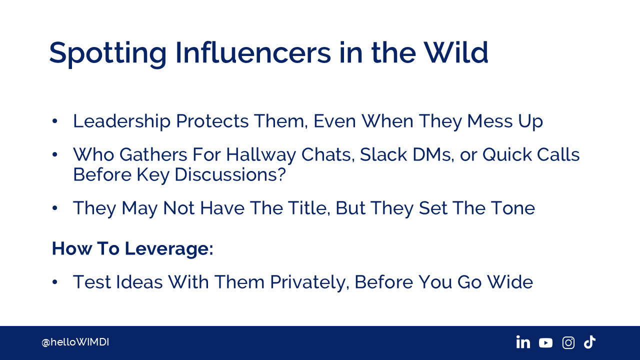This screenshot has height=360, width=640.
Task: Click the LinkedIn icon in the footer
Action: point(523,342)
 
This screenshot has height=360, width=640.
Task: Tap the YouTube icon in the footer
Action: point(545,342)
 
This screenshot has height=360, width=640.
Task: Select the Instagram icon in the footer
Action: point(568,342)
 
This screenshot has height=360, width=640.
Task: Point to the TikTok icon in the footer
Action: point(589,342)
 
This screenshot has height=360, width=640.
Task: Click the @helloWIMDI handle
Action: point(75,342)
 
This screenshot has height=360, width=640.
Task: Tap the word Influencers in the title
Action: point(253,52)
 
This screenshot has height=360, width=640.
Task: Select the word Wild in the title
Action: point(455,52)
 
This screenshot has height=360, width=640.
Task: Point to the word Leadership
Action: point(122,121)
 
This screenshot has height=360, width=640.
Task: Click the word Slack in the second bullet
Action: point(383,155)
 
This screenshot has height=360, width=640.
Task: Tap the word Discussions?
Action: point(230,174)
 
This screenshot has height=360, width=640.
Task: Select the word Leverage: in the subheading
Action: point(169,249)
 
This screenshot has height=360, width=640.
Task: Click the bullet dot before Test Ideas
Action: point(55,282)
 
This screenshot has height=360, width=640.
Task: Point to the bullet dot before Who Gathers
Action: point(55,155)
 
